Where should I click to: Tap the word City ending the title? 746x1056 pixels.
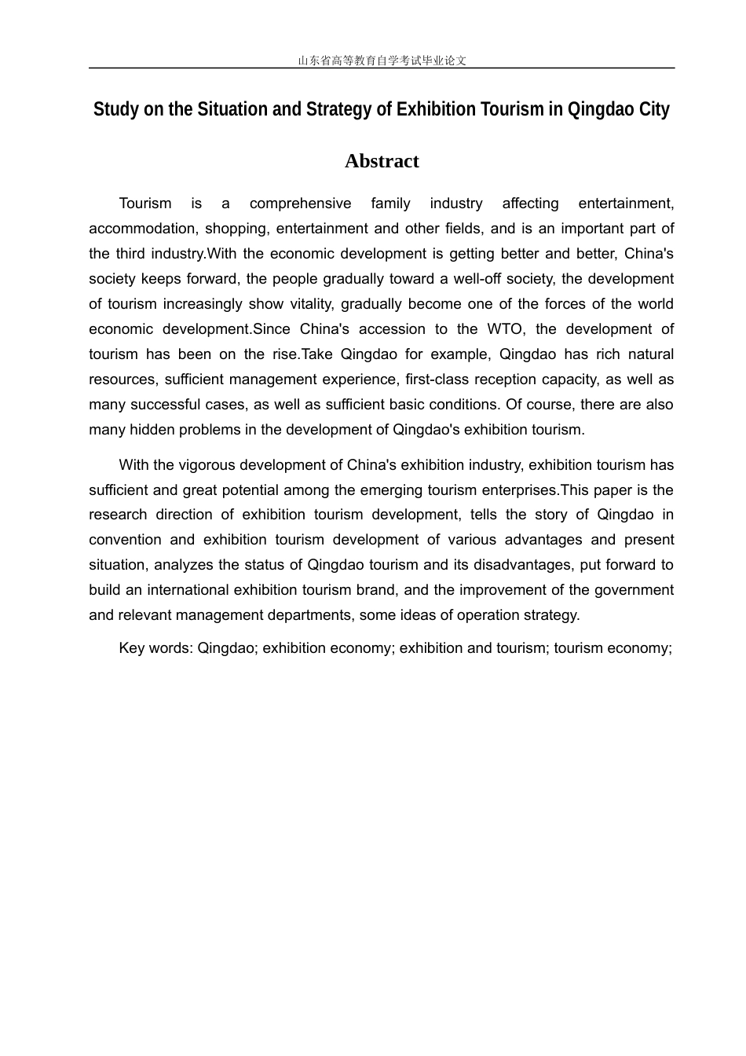click(653, 109)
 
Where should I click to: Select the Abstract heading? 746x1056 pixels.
click(382, 161)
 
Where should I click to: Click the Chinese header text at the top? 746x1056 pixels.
click(382, 60)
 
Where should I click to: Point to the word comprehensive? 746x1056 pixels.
click(300, 203)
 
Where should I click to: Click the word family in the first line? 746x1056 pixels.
click(390, 203)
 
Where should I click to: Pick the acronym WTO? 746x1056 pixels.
click(505, 329)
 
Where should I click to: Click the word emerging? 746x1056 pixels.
click(362, 490)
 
